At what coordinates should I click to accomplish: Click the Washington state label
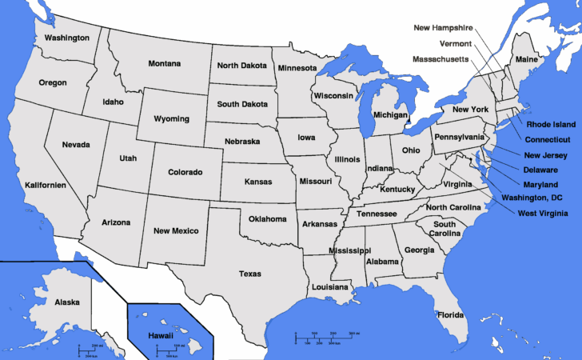tap(66, 38)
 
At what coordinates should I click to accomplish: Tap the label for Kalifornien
tap(44, 185)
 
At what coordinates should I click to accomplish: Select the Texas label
tap(249, 274)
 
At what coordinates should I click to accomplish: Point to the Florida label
tap(450, 314)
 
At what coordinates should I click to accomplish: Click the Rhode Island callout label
tap(550, 124)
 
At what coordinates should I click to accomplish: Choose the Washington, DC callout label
tap(531, 198)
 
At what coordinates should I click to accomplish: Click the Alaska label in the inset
tap(67, 302)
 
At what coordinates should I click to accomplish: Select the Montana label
tap(165, 63)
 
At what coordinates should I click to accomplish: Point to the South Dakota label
tap(243, 104)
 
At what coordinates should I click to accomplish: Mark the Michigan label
tap(390, 115)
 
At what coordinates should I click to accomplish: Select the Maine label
tap(526, 60)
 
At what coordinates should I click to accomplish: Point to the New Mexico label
tap(176, 230)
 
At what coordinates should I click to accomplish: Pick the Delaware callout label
tap(541, 170)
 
